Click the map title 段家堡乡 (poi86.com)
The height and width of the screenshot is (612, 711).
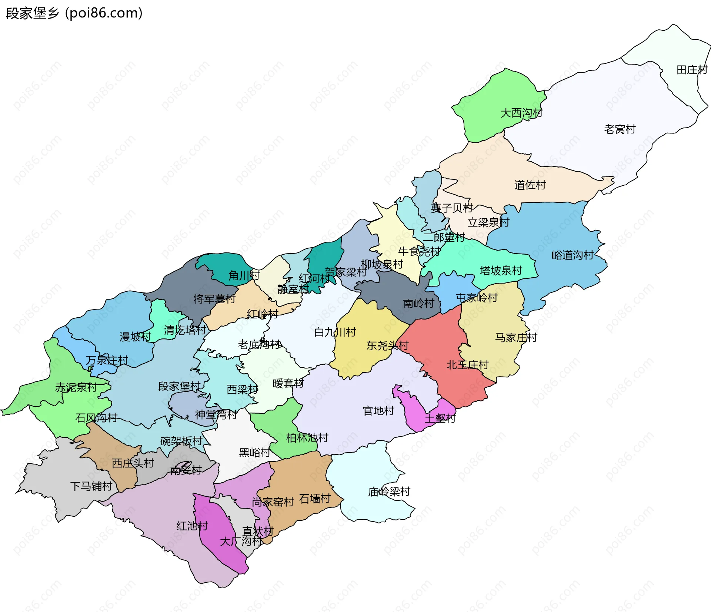74,13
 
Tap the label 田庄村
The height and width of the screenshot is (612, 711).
691,70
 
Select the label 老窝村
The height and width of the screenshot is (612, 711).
620,129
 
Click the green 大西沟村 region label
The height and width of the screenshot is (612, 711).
521,113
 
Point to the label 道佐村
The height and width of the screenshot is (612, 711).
530,185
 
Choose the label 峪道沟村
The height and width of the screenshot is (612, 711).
573,255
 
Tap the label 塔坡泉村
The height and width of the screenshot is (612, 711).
501,270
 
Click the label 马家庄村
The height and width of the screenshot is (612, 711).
516,337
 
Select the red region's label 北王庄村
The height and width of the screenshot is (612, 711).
467,365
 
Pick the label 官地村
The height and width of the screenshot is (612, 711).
378,411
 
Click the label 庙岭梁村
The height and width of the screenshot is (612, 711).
389,492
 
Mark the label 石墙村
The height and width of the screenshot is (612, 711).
315,499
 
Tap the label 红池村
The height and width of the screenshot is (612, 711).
192,526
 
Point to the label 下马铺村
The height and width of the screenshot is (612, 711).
91,486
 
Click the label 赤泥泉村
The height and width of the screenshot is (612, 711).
76,387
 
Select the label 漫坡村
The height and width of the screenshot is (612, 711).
135,337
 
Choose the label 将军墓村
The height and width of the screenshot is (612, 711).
214,298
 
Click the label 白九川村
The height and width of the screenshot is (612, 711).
335,332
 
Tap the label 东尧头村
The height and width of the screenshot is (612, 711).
387,345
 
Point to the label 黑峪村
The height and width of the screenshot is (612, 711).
254,452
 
